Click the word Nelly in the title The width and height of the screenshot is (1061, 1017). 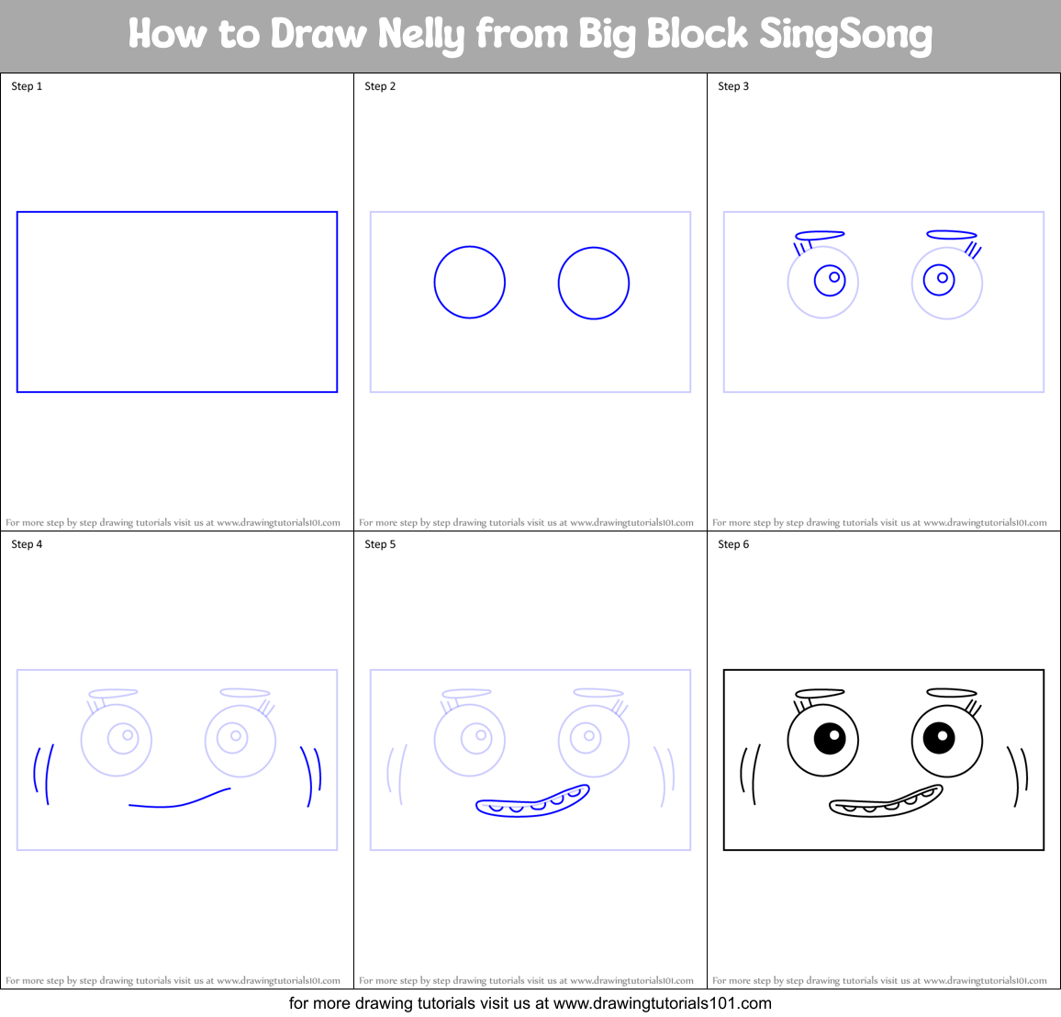(x=422, y=35)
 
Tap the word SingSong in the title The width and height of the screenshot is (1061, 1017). (x=845, y=35)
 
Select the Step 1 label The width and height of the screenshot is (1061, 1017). (x=27, y=86)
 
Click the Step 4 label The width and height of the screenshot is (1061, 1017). (x=27, y=544)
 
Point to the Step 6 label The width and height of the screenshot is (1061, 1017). (x=733, y=544)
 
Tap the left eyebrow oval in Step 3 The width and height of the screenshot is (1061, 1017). (x=820, y=235)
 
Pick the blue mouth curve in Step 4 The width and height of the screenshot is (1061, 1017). (x=179, y=803)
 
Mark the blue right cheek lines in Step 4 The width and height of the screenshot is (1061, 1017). (x=311, y=776)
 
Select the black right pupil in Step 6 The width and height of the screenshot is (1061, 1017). (x=939, y=736)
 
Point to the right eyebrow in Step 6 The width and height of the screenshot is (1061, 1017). (x=952, y=693)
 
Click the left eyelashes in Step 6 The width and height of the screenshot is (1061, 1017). (x=801, y=707)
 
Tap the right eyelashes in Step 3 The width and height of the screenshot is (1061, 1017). (x=975, y=250)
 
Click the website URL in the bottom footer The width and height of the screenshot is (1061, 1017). (x=662, y=1003)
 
